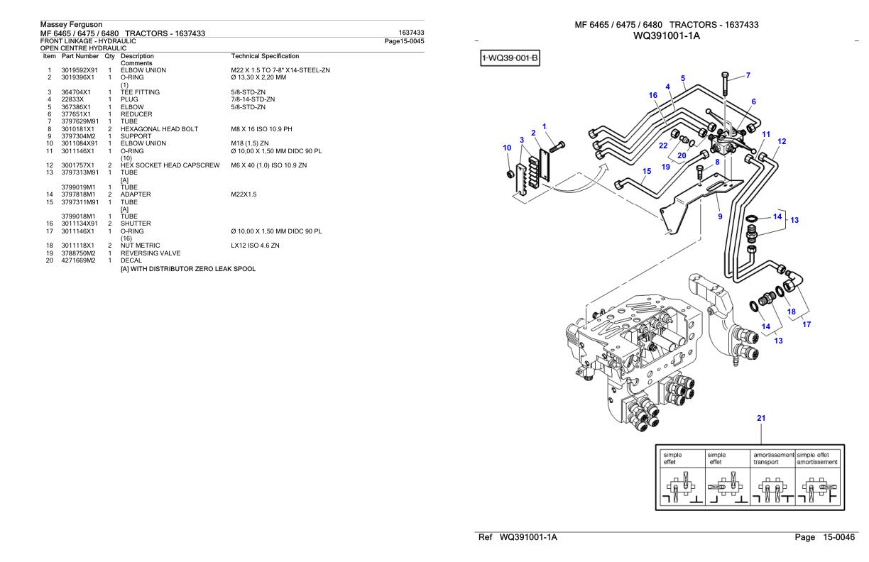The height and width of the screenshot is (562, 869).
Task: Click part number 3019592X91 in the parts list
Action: point(78,69)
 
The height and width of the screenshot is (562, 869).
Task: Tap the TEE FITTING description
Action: point(140,92)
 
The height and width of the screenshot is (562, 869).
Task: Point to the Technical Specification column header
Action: point(265,55)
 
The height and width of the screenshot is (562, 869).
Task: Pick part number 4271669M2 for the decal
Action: point(78,259)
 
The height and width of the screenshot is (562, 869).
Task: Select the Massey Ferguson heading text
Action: point(71,25)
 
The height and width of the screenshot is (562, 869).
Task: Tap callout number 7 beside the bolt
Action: point(748,75)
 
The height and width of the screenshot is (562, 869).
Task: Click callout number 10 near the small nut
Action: point(507,148)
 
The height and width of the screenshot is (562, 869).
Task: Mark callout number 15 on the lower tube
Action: point(646,171)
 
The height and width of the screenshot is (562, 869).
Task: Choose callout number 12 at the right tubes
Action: point(782,141)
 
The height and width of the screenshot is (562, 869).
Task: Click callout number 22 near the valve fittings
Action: point(662,145)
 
